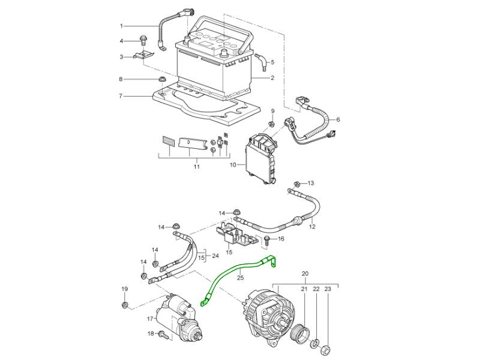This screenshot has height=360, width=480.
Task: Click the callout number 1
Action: coord(121,26)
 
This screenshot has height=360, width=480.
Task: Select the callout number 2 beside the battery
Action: coord(272,78)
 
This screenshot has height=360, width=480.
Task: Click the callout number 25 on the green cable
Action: coord(240,278)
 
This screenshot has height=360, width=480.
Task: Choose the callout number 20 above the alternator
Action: coord(304,274)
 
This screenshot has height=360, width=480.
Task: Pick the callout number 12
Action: coord(312,227)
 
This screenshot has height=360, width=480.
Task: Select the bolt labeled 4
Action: coord(143,41)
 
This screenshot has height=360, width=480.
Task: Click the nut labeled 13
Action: coord(297,182)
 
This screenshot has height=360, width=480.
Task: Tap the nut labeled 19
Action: coord(125,305)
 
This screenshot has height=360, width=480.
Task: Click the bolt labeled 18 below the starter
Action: coord(161,334)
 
